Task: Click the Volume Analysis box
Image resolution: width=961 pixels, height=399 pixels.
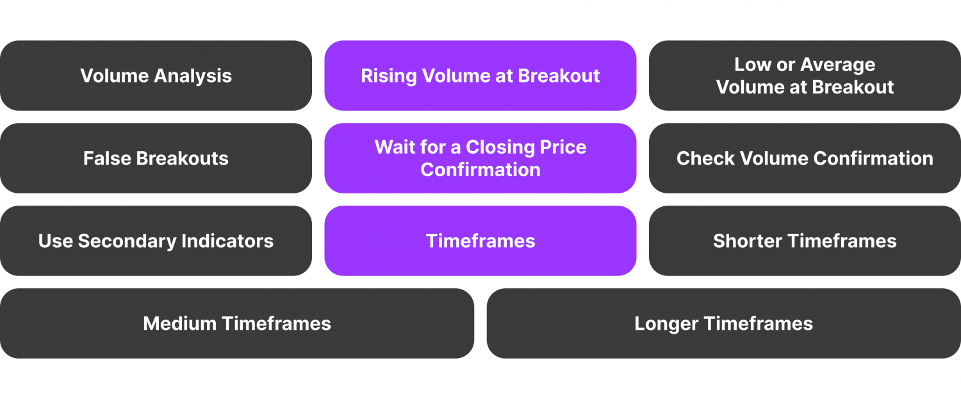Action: pos(156,76)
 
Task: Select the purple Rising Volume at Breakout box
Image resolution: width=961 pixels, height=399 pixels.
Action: pos(481,76)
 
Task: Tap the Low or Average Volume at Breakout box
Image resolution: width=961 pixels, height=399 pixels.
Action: pos(805,76)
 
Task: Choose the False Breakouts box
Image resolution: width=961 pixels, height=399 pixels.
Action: pos(156,158)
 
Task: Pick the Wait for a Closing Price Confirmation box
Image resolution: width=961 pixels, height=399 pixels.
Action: pos(481,158)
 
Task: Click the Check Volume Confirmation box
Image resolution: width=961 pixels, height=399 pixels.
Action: pos(805,158)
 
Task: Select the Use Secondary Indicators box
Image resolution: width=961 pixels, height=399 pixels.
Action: pos(156,241)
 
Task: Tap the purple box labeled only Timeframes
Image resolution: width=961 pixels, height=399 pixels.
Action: pos(481,241)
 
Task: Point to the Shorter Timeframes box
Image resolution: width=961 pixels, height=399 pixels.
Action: pos(805,241)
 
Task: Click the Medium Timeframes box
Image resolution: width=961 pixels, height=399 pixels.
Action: pos(237,323)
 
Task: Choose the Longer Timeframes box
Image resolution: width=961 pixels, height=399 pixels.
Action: pos(724,323)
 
